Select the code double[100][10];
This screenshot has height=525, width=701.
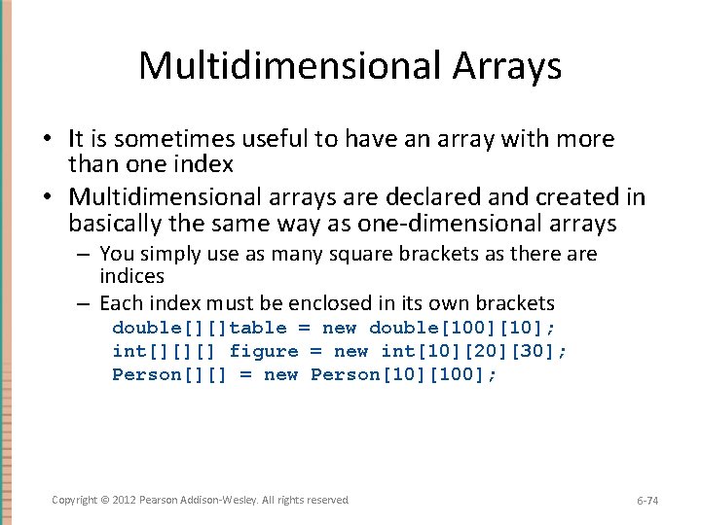pos(463,328)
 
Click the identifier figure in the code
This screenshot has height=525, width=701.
pos(264,351)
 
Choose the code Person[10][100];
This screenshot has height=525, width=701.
pos(404,374)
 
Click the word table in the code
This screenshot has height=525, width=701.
pos(258,328)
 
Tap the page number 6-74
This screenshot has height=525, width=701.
pos(647,501)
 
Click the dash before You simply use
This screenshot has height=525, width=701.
pos(86,255)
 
